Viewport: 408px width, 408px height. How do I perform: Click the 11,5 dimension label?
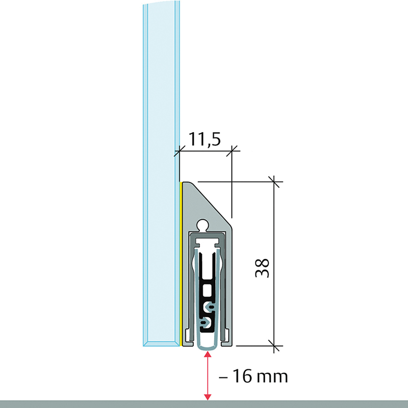click(205, 139)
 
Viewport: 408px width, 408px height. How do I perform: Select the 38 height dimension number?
click(262, 268)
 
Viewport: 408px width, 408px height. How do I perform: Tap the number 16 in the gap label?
click(242, 376)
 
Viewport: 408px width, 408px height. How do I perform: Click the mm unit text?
click(272, 377)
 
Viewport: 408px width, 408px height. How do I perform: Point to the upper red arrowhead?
click(208, 354)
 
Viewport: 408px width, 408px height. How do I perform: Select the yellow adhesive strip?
click(180, 264)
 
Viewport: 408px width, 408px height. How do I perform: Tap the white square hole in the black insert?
click(207, 290)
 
